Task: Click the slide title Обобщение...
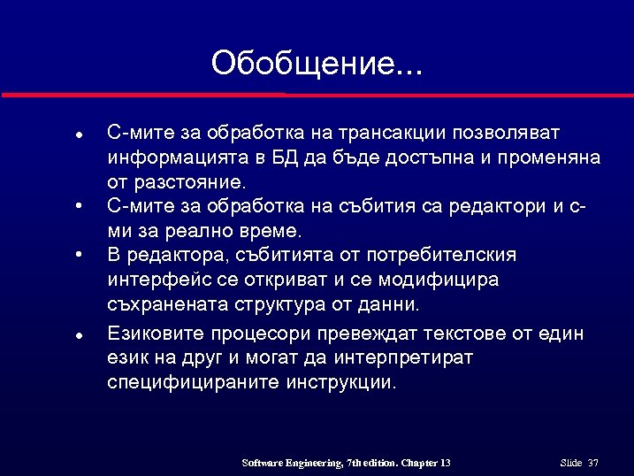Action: coord(317,64)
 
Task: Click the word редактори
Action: coord(499,207)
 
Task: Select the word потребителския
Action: coord(439,256)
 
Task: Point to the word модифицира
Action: coord(439,280)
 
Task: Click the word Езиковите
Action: coord(157,334)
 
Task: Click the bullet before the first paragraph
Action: coord(79,135)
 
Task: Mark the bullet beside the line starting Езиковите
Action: coord(79,335)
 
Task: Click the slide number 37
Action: coord(593,464)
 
